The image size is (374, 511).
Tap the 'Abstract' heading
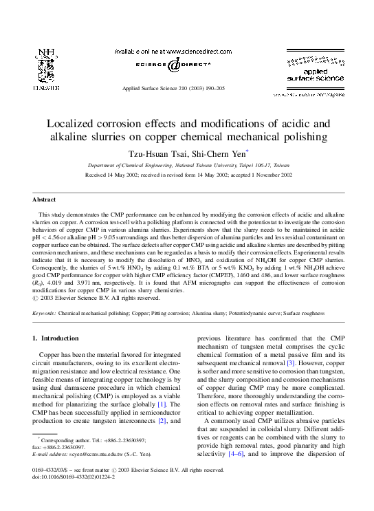point(45,199)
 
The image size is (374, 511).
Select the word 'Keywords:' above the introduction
point(45,313)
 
